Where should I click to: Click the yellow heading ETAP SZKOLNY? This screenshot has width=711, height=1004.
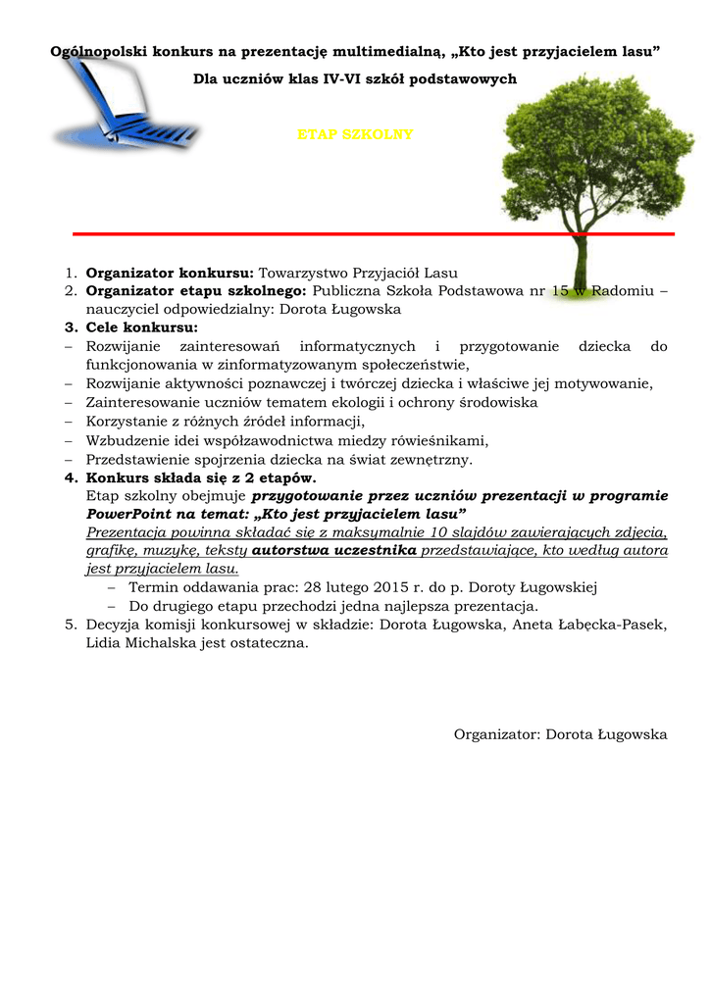click(355, 134)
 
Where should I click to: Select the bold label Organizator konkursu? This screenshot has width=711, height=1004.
click(170, 273)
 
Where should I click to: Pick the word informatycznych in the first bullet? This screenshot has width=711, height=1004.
click(357, 345)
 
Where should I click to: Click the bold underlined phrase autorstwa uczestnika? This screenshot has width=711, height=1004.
click(334, 550)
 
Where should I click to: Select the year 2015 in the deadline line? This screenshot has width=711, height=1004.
click(392, 587)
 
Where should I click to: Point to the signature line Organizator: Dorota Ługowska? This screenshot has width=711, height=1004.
click(560, 734)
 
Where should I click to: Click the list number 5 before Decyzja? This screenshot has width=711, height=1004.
click(70, 625)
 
